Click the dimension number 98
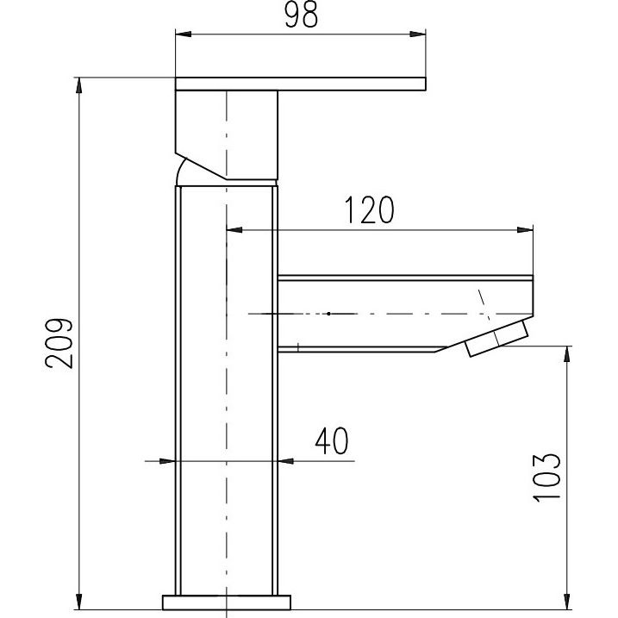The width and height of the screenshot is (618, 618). (301, 16)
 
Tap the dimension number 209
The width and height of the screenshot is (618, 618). (59, 343)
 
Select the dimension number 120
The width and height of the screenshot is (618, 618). (369, 209)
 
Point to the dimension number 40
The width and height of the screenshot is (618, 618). (332, 440)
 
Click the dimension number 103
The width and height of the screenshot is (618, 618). (546, 478)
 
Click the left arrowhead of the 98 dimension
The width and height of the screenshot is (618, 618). (184, 34)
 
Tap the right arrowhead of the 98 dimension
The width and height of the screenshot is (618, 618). (418, 34)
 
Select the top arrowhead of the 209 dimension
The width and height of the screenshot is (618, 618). (79, 85)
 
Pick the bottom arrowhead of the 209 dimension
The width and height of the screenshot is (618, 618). (79, 602)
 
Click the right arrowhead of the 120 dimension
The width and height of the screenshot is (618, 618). (525, 230)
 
